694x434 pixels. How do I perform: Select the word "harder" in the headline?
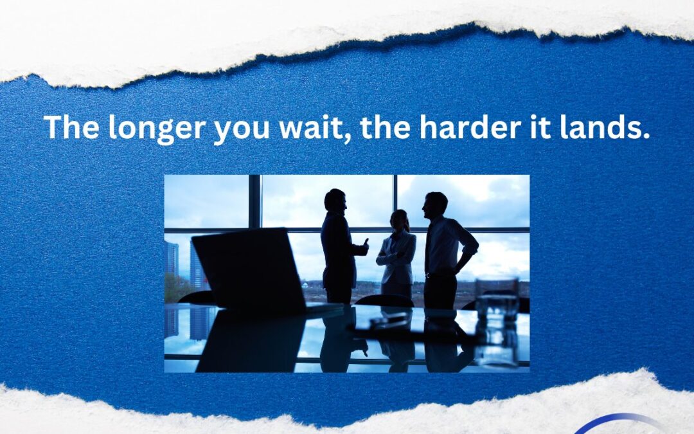pyautogui.click(x=470, y=127)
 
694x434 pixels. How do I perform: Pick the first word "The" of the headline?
pyautogui.click(x=71, y=127)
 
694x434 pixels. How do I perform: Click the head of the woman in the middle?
pyautogui.click(x=400, y=220)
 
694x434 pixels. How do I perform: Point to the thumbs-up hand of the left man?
pyautogui.click(x=364, y=247)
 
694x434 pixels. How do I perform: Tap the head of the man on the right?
pyautogui.click(x=435, y=206)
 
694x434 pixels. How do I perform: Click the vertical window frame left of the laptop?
pyautogui.click(x=254, y=201)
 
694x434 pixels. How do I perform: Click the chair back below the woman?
pyautogui.click(x=384, y=301)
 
